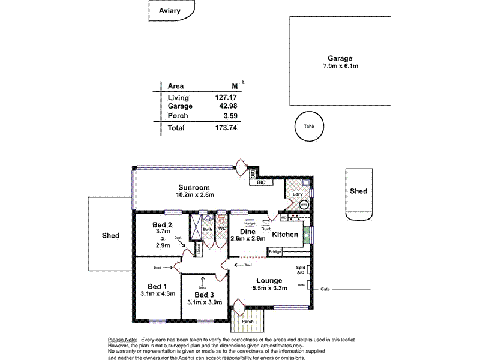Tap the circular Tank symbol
click(x=309, y=127)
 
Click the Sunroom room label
click(x=195, y=187)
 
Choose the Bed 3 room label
click(x=205, y=295)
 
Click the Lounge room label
click(x=269, y=280)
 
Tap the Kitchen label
click(x=285, y=234)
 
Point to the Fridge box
click(x=275, y=252)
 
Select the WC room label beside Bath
click(x=221, y=229)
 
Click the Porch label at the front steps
click(x=247, y=321)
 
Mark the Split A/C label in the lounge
click(x=301, y=270)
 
